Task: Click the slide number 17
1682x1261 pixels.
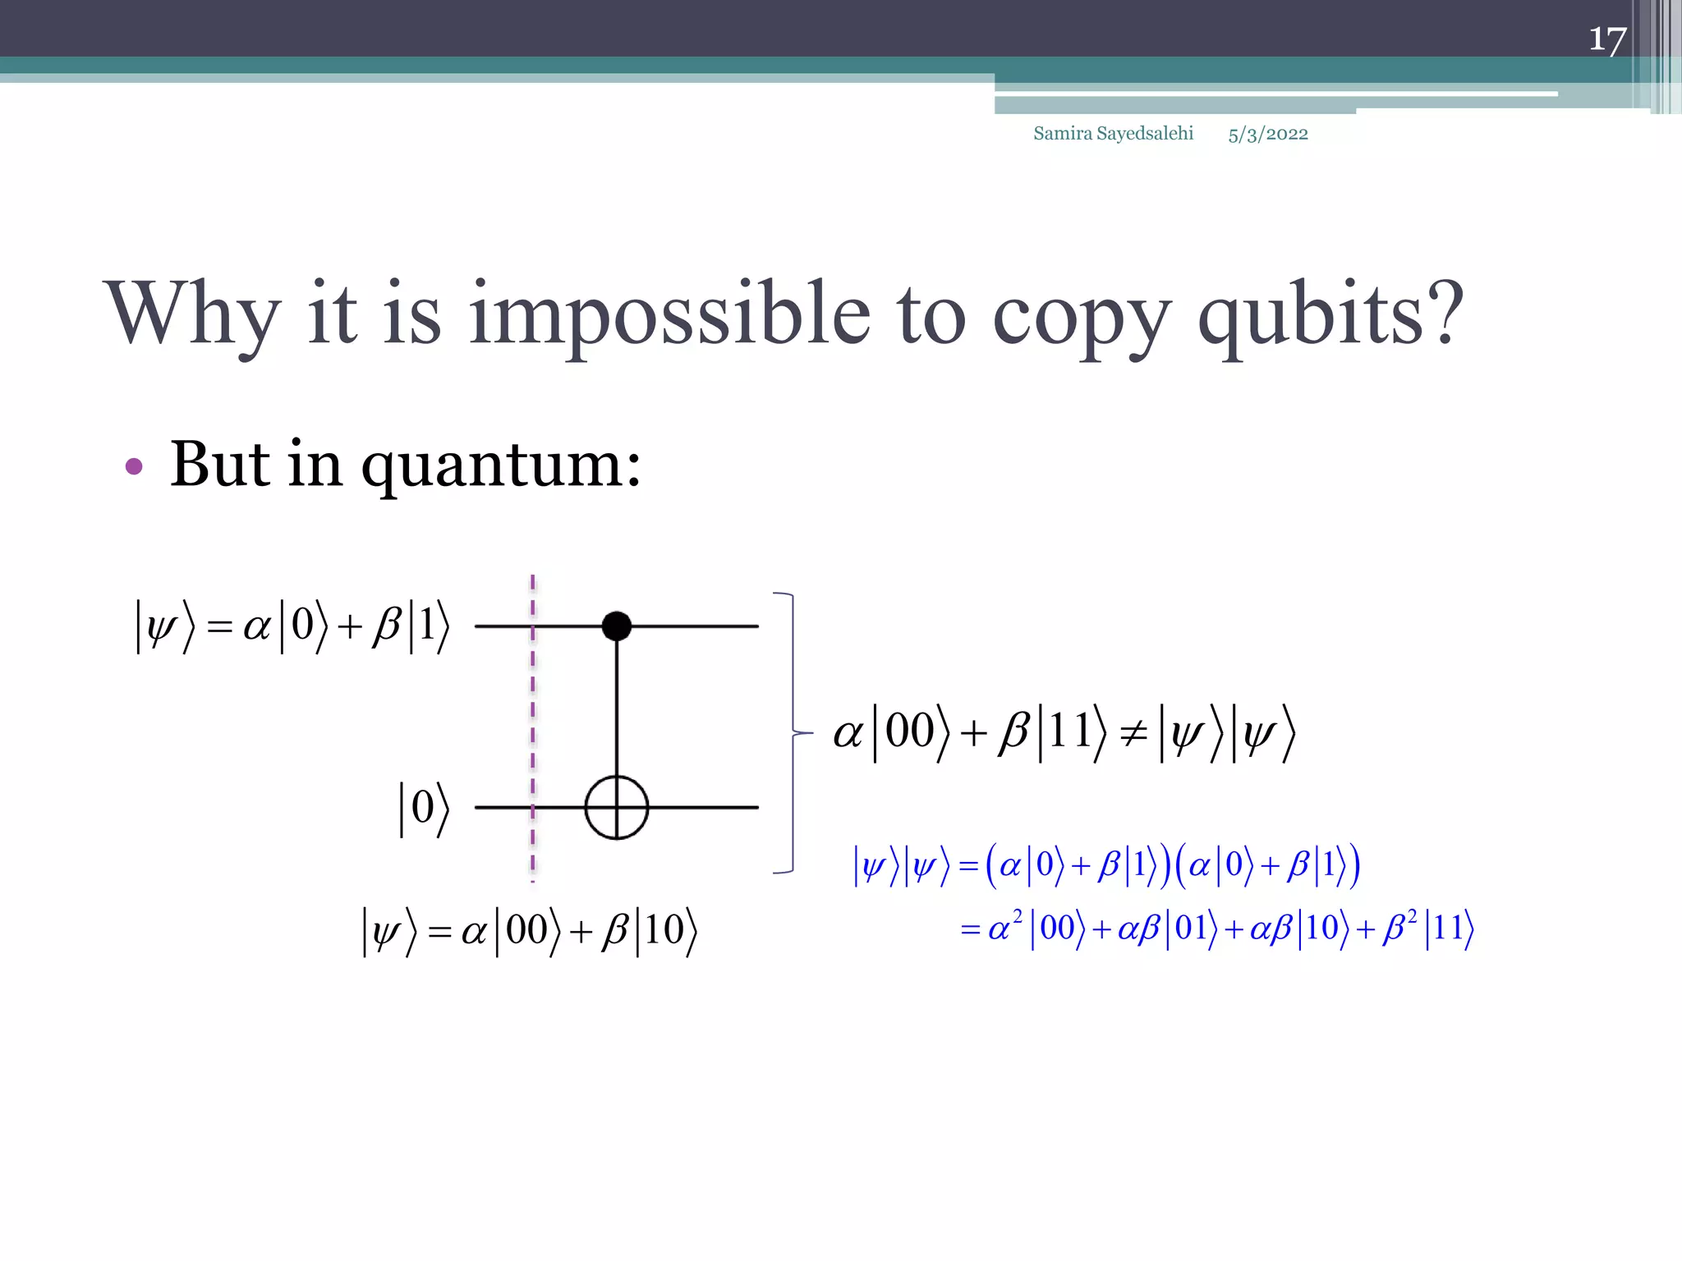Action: [x=1606, y=39]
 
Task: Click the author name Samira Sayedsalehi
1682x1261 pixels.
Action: [x=1113, y=133]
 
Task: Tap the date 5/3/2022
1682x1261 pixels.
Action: [x=1268, y=134]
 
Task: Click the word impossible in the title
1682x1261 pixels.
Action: [x=669, y=314]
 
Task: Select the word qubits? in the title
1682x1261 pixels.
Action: [x=1330, y=314]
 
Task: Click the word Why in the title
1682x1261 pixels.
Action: [x=192, y=314]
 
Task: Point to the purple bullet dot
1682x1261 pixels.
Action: [x=134, y=467]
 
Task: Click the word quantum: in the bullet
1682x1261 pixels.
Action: [x=501, y=465]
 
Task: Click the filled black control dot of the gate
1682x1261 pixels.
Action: [x=617, y=626]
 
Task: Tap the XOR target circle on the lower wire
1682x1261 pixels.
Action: [x=617, y=807]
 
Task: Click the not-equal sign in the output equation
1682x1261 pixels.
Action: [x=1133, y=732]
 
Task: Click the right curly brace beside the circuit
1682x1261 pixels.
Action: [x=792, y=732]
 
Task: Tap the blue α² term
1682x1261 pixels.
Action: [x=1004, y=927]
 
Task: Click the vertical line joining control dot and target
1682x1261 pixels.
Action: [x=617, y=706]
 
